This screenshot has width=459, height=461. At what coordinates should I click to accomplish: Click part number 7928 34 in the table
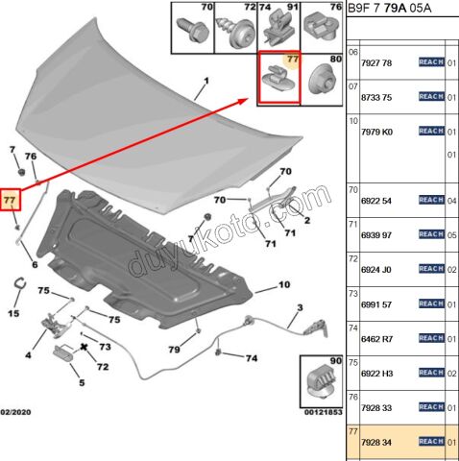376,442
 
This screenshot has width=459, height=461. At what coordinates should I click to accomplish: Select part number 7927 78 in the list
376,63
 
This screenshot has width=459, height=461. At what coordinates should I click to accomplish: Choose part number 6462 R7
376,338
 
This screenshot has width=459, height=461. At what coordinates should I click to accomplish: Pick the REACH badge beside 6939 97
431,234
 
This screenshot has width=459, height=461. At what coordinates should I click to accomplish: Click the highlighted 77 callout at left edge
10,200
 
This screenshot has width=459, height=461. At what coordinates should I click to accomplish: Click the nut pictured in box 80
323,85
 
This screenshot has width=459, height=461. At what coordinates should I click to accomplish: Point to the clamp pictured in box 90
321,379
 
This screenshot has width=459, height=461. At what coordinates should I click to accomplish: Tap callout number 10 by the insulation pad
284,285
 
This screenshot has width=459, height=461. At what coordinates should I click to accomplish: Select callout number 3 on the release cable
299,307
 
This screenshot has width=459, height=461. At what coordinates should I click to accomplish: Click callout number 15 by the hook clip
13,313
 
